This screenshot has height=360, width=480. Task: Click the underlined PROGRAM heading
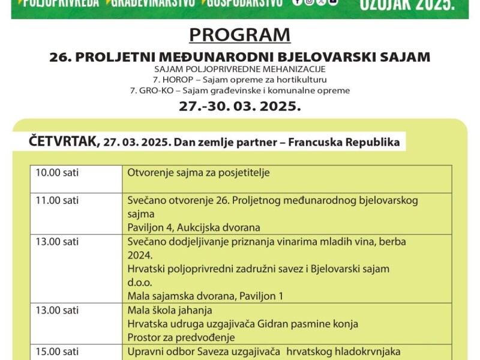click(239, 35)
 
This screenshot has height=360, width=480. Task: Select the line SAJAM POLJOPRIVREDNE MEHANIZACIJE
click(239, 69)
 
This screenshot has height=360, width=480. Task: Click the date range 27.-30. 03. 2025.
click(239, 106)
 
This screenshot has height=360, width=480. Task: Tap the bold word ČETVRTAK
click(63, 142)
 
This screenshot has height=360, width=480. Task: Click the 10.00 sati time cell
click(57, 173)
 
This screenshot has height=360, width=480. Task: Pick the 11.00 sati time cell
click(57, 200)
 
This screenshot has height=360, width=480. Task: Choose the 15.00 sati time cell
click(57, 352)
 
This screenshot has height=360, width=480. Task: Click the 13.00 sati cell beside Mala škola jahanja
click(57, 310)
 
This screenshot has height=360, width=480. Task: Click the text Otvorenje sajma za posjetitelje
click(199, 173)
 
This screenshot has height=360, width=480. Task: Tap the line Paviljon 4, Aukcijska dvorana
click(194, 227)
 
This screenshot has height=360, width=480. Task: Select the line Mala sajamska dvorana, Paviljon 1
click(205, 296)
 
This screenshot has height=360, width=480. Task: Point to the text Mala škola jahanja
click(166, 310)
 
